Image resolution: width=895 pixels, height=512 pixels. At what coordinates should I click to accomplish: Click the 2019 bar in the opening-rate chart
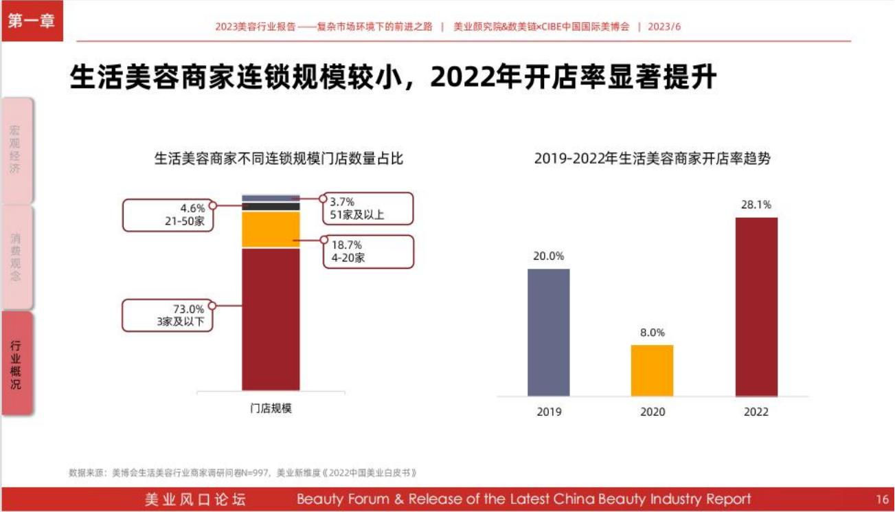click(548, 332)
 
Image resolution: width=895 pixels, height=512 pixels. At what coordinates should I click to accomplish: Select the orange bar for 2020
click(652, 370)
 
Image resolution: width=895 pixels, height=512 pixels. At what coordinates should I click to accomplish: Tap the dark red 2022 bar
click(756, 307)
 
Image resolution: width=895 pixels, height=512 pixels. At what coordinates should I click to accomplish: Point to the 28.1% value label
click(756, 205)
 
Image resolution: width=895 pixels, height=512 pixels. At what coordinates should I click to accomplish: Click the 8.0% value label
click(652, 333)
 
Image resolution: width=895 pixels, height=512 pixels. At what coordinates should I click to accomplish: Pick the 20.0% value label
click(548, 256)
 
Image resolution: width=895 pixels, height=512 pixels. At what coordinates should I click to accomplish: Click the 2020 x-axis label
click(652, 412)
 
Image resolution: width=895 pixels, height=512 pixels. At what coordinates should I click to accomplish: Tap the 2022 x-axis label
click(756, 412)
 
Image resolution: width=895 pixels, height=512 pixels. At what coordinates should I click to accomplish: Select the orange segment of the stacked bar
click(271, 230)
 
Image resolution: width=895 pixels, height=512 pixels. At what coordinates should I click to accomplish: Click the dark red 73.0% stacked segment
click(271, 319)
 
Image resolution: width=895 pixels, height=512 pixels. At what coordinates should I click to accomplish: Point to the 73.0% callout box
click(168, 315)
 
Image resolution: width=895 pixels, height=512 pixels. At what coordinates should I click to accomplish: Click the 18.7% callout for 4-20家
click(368, 252)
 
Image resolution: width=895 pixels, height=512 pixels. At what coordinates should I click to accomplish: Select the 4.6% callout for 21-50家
click(168, 215)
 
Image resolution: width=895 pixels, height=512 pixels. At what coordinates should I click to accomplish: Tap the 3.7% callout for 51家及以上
click(368, 208)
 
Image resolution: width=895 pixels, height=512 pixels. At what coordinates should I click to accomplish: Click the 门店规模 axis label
click(271, 408)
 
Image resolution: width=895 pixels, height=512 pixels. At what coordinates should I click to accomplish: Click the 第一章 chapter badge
click(32, 21)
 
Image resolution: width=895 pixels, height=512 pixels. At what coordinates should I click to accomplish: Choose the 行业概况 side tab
click(16, 363)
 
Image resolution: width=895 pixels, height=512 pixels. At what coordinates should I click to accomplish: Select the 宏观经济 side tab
click(16, 150)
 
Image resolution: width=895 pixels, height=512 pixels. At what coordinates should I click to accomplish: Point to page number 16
click(882, 499)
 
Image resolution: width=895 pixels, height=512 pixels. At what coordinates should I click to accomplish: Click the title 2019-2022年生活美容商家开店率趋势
click(652, 159)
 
